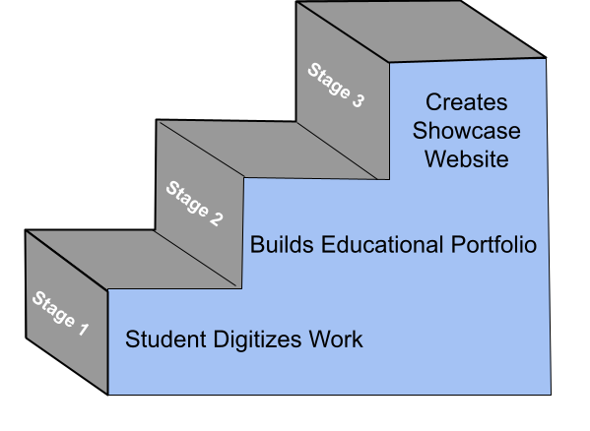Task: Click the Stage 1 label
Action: tap(61, 313)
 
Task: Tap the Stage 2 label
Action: tap(195, 204)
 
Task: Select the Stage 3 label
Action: tap(336, 86)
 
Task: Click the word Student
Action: tap(165, 339)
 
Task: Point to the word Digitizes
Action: tap(257, 339)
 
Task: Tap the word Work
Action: tap(336, 339)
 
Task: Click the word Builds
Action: tap(282, 244)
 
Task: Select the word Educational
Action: tap(382, 244)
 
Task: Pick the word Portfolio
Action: tap(493, 244)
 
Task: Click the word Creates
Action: tap(467, 102)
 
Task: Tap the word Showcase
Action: tap(467, 131)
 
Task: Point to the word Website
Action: tap(467, 159)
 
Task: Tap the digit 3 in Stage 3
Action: tap(358, 100)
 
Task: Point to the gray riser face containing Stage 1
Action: tap(67, 312)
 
